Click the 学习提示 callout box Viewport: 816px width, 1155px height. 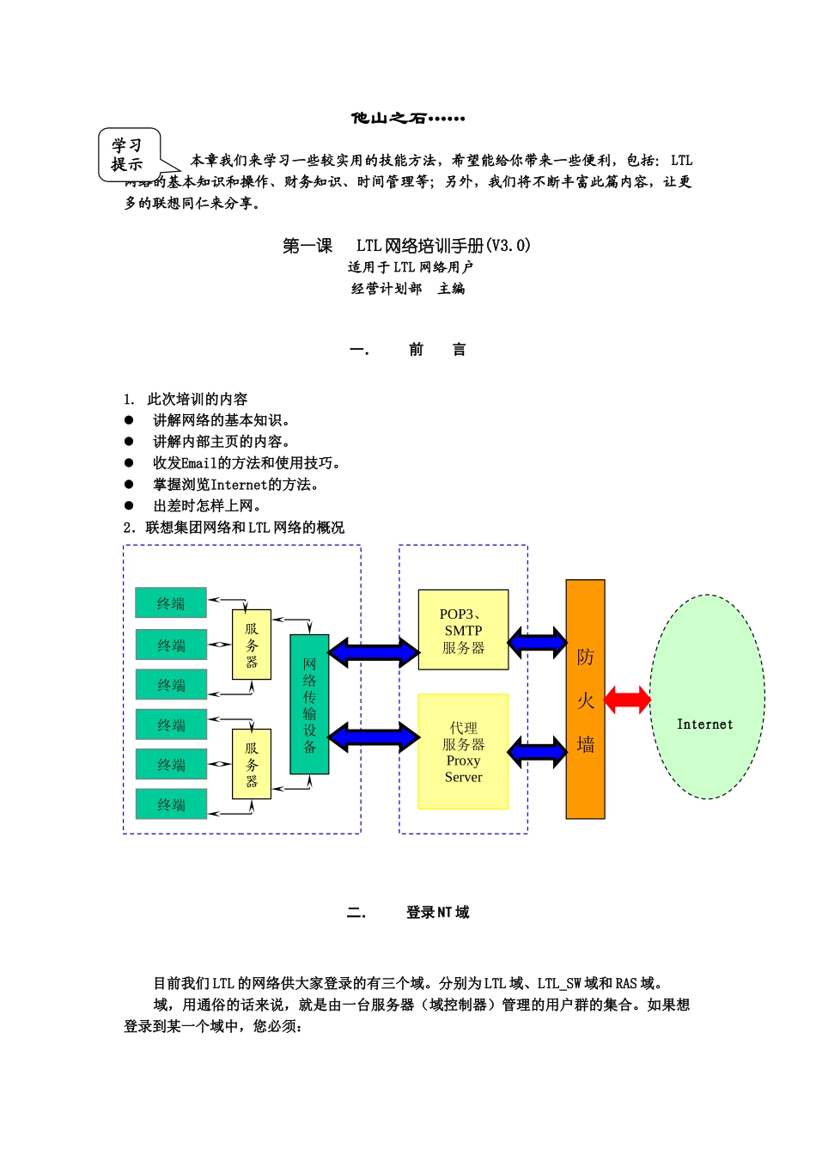click(128, 155)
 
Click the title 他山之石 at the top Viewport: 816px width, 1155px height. click(407, 118)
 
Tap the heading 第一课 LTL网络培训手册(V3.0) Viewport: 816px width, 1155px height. click(406, 246)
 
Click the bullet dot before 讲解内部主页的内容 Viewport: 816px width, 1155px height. click(129, 442)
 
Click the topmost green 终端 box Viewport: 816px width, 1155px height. click(171, 603)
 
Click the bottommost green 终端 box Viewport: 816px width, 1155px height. click(171, 804)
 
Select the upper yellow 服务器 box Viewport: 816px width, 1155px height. click(252, 645)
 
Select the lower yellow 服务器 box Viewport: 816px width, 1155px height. click(252, 764)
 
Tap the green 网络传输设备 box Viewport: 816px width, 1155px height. click(309, 705)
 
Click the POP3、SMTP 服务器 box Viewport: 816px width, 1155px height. click(463, 630)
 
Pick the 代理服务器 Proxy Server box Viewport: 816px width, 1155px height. click(463, 752)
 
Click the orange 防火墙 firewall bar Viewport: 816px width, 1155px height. click(585, 700)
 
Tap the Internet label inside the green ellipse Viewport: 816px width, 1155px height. click(704, 724)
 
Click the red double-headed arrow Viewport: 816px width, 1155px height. click(628, 700)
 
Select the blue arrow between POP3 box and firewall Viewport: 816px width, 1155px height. click(537, 642)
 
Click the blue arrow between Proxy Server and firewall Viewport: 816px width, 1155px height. click(537, 752)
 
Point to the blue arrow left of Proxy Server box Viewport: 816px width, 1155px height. click(374, 736)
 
